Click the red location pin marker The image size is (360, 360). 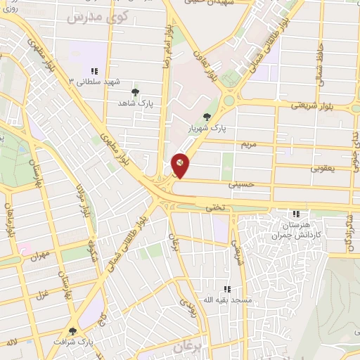[x=180, y=165]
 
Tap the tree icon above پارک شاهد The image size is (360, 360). [x=136, y=91]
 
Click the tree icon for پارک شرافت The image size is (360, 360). [x=72, y=330]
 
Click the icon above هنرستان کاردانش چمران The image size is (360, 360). [x=296, y=214]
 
